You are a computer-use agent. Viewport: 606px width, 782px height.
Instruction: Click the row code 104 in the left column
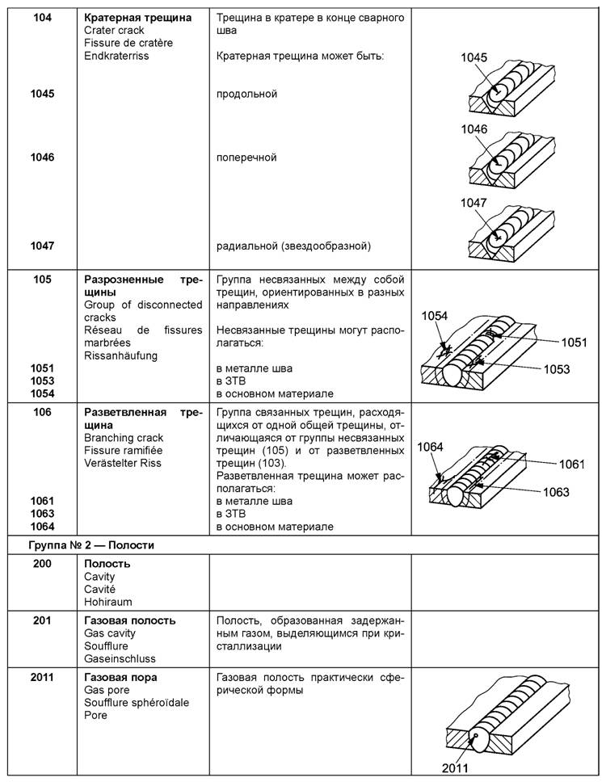pyautogui.click(x=42, y=17)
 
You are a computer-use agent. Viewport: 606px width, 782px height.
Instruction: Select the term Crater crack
pyautogui.click(x=115, y=30)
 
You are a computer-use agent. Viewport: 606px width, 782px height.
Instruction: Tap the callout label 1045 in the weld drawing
pyautogui.click(x=474, y=57)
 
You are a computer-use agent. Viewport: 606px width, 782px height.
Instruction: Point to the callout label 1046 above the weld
pyautogui.click(x=474, y=129)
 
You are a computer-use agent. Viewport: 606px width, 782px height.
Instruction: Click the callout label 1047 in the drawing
pyautogui.click(x=474, y=203)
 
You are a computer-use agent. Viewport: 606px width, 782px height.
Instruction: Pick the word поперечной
pyautogui.click(x=247, y=158)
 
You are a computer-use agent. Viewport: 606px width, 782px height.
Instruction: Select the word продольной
pyautogui.click(x=247, y=94)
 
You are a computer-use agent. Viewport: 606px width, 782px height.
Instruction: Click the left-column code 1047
pyautogui.click(x=42, y=246)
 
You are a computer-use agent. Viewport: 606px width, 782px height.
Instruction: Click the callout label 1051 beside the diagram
pyautogui.click(x=574, y=342)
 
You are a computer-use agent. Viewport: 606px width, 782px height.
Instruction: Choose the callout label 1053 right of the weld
pyautogui.click(x=557, y=369)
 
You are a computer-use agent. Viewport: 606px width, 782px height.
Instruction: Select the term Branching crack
pyautogui.click(x=124, y=438)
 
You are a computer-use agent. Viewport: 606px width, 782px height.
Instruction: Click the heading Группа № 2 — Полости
pyautogui.click(x=90, y=545)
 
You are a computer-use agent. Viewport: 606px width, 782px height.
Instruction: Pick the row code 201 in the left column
pyautogui.click(x=42, y=620)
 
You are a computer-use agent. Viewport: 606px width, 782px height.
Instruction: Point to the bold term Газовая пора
pyautogui.click(x=120, y=677)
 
